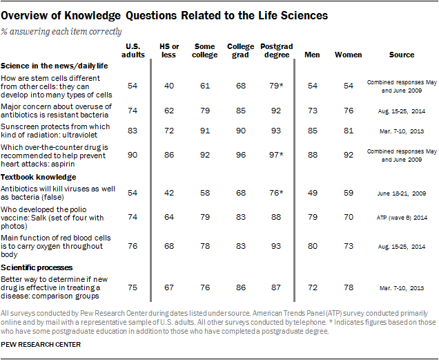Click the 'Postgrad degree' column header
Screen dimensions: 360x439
(276, 50)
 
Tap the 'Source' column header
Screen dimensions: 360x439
(402, 55)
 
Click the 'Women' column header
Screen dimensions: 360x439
(348, 55)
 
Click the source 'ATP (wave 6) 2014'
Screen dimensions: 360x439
(402, 217)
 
